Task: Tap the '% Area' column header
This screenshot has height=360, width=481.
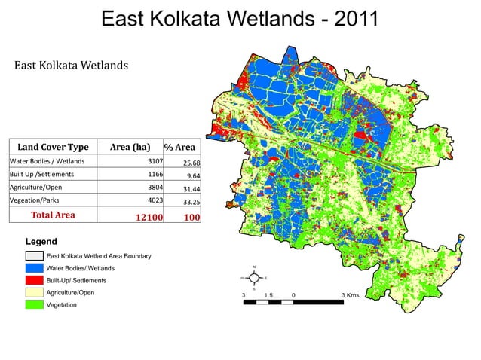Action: pos(180,147)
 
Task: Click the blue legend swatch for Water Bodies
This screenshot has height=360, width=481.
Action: pos(35,268)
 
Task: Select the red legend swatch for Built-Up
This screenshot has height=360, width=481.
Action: pos(35,280)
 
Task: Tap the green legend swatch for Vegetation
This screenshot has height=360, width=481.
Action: pos(35,304)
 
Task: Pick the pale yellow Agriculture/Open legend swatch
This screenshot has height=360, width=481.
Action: pos(35,292)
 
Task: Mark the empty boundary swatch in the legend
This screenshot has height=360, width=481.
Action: pos(35,256)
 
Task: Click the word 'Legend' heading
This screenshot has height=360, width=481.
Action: pos(41,241)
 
